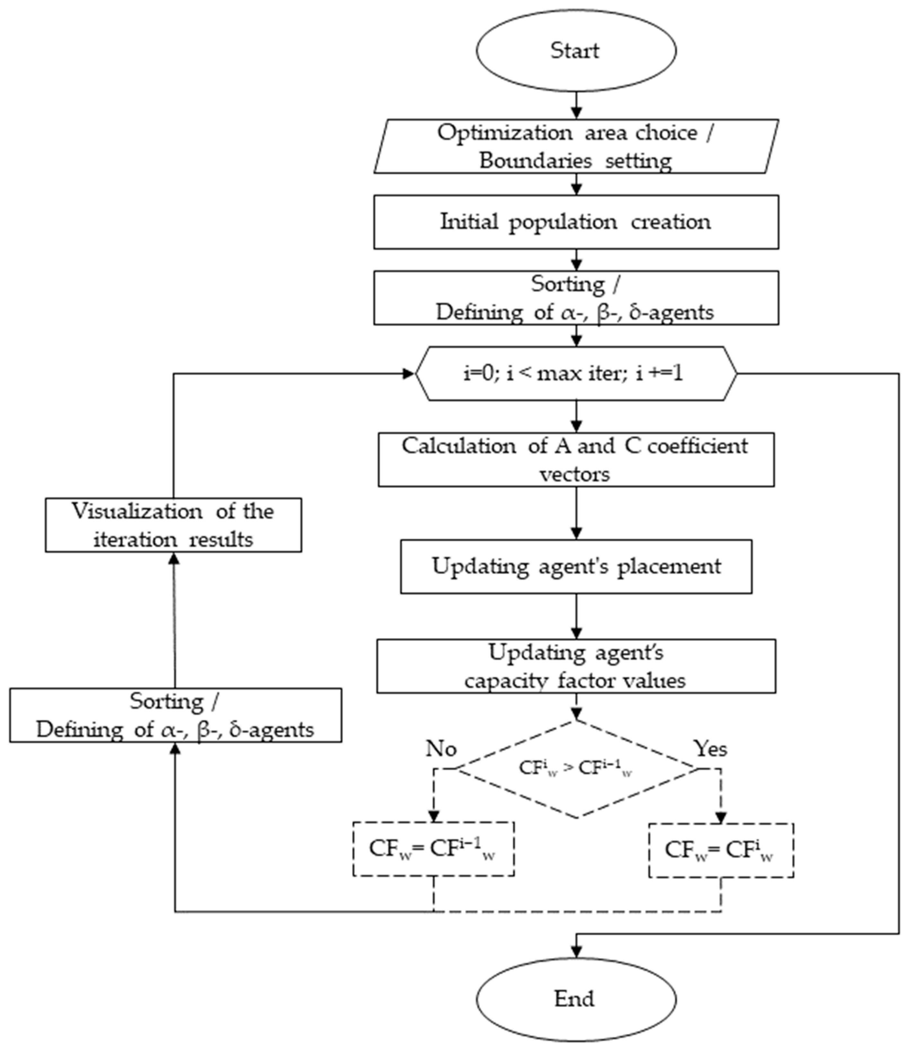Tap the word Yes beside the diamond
[710, 748]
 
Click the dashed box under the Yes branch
[721, 850]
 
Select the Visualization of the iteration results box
[173, 525]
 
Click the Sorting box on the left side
[175, 715]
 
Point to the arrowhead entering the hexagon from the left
[408, 374]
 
